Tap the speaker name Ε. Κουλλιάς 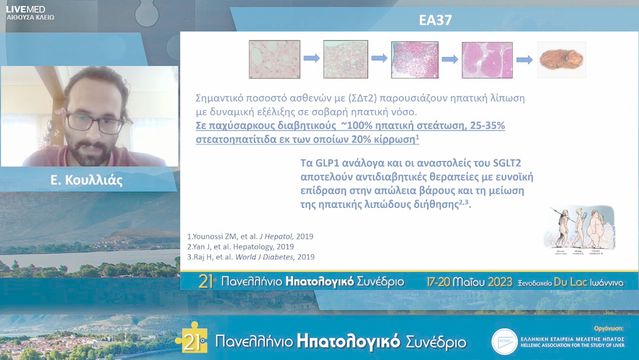click(x=87, y=181)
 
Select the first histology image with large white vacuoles click(x=274, y=59)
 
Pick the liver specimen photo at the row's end click(x=561, y=59)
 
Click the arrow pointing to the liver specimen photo click(x=524, y=59)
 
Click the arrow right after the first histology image click(x=311, y=59)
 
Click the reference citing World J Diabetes click(x=250, y=257)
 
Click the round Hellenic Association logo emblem click(x=505, y=342)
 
